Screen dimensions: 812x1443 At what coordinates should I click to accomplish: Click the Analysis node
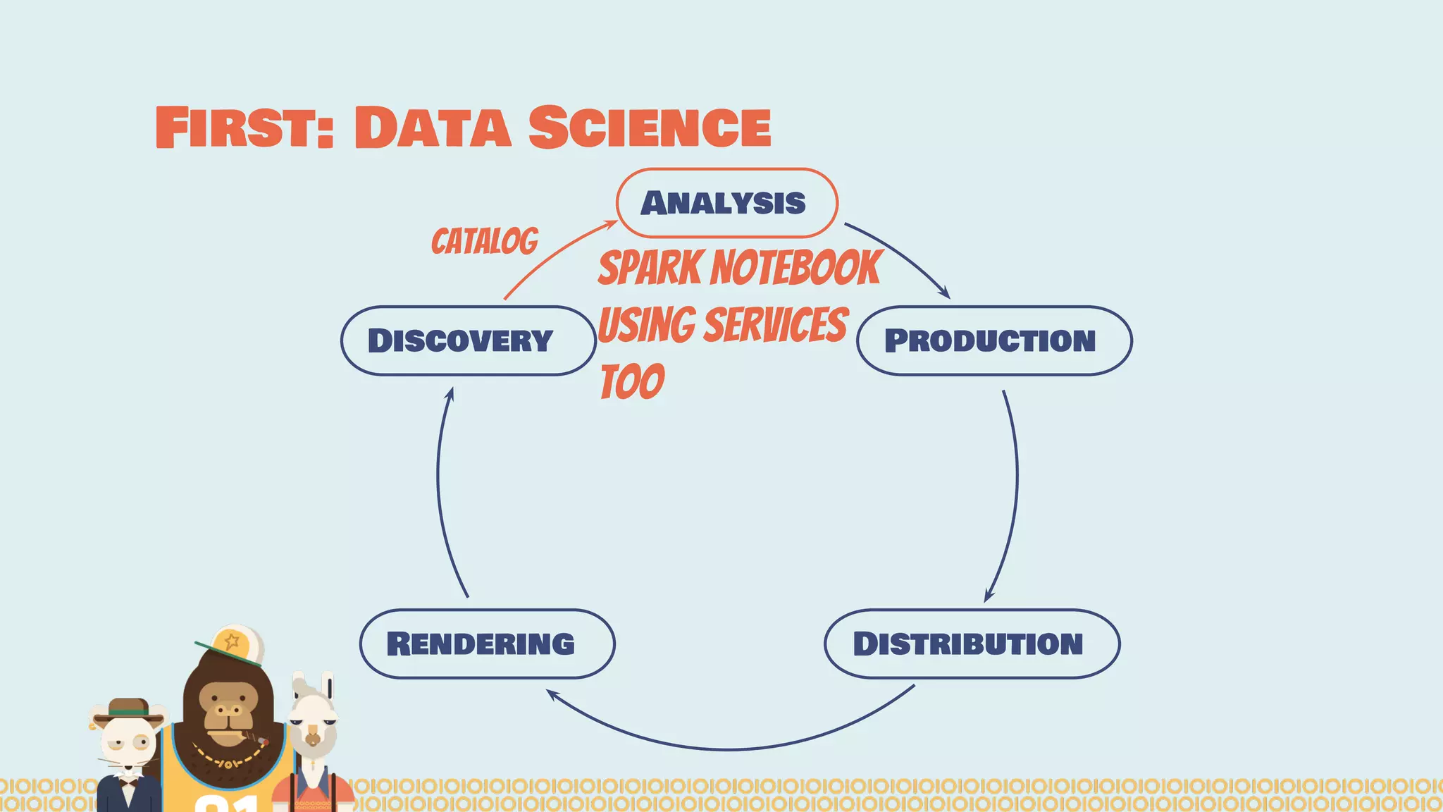pos(726,203)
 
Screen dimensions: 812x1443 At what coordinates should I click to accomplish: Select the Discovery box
pos(469,340)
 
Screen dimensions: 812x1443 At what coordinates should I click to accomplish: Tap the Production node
pos(993,340)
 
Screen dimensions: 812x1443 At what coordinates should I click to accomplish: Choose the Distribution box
pos(972,644)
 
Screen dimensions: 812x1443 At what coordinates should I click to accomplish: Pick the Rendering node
pos(487,644)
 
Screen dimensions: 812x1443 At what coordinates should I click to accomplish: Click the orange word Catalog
pos(485,242)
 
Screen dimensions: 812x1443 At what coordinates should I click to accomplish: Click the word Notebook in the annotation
pos(796,268)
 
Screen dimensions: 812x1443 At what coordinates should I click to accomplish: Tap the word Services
pos(776,325)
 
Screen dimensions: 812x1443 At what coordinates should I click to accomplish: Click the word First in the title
pos(243,128)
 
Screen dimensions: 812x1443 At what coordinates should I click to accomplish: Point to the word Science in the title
pos(649,128)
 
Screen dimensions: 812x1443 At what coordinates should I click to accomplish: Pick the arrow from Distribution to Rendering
pos(729,747)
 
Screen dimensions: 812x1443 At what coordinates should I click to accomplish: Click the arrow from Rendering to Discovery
pos(440,493)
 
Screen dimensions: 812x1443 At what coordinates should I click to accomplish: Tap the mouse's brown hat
pos(128,709)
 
